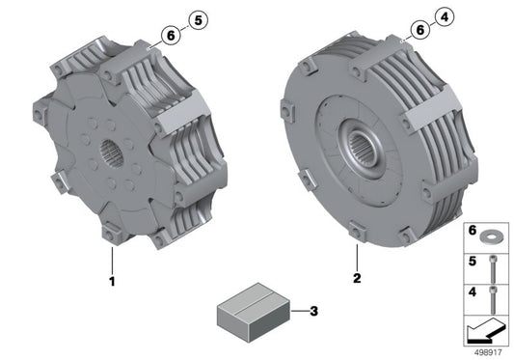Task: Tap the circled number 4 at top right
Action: [x=443, y=16]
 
